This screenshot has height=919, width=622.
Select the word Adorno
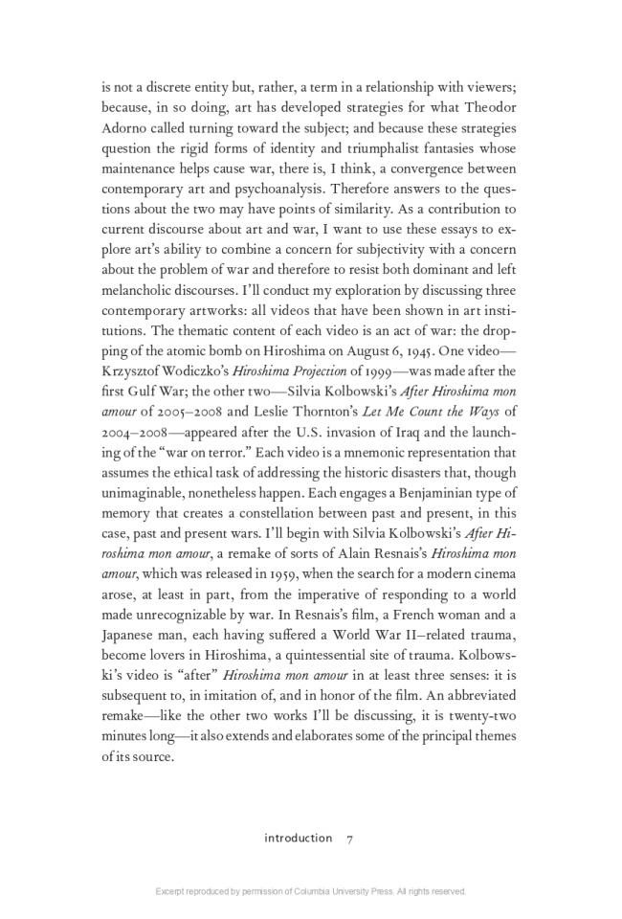pos(124,127)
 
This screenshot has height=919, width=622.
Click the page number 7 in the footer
pos(350,838)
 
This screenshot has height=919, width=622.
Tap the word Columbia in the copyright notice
pos(330,891)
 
